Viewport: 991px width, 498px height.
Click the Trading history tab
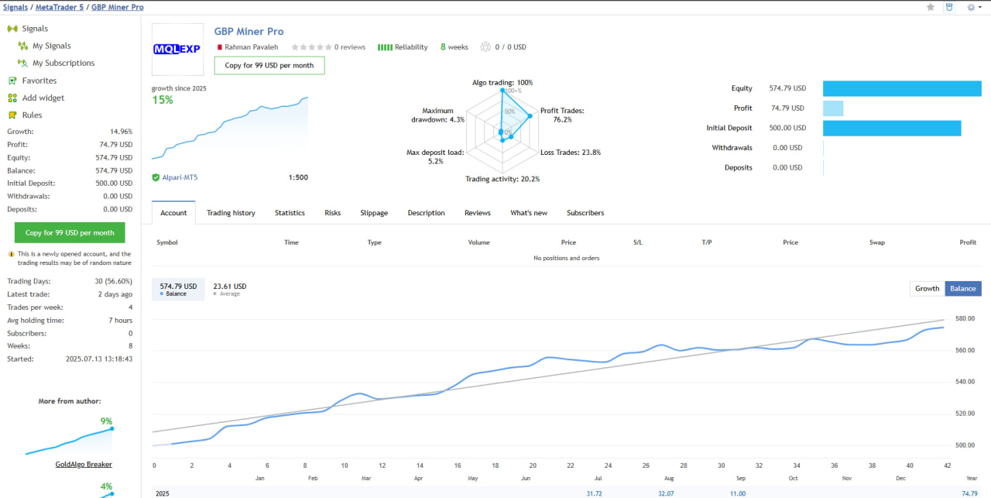click(231, 213)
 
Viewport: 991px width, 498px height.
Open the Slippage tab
click(374, 213)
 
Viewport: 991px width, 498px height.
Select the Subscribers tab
click(585, 213)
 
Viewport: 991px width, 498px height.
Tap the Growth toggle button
click(927, 288)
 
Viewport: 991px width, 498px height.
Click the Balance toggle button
click(963, 288)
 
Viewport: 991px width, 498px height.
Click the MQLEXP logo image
click(177, 49)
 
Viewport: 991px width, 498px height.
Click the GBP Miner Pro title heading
click(249, 32)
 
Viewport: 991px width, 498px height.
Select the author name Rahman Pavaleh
click(252, 47)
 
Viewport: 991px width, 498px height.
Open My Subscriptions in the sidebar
click(63, 64)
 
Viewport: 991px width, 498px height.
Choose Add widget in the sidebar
click(43, 98)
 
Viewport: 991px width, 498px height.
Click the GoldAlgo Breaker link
click(84, 465)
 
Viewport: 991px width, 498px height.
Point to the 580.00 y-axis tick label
click(965, 318)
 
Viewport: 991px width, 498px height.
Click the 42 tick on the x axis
click(946, 465)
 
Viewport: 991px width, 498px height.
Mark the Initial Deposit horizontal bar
click(892, 128)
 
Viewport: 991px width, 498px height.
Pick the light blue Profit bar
click(833, 108)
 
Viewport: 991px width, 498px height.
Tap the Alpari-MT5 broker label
click(180, 177)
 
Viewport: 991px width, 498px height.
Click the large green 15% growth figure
click(163, 100)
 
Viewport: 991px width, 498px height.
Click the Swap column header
click(876, 242)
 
